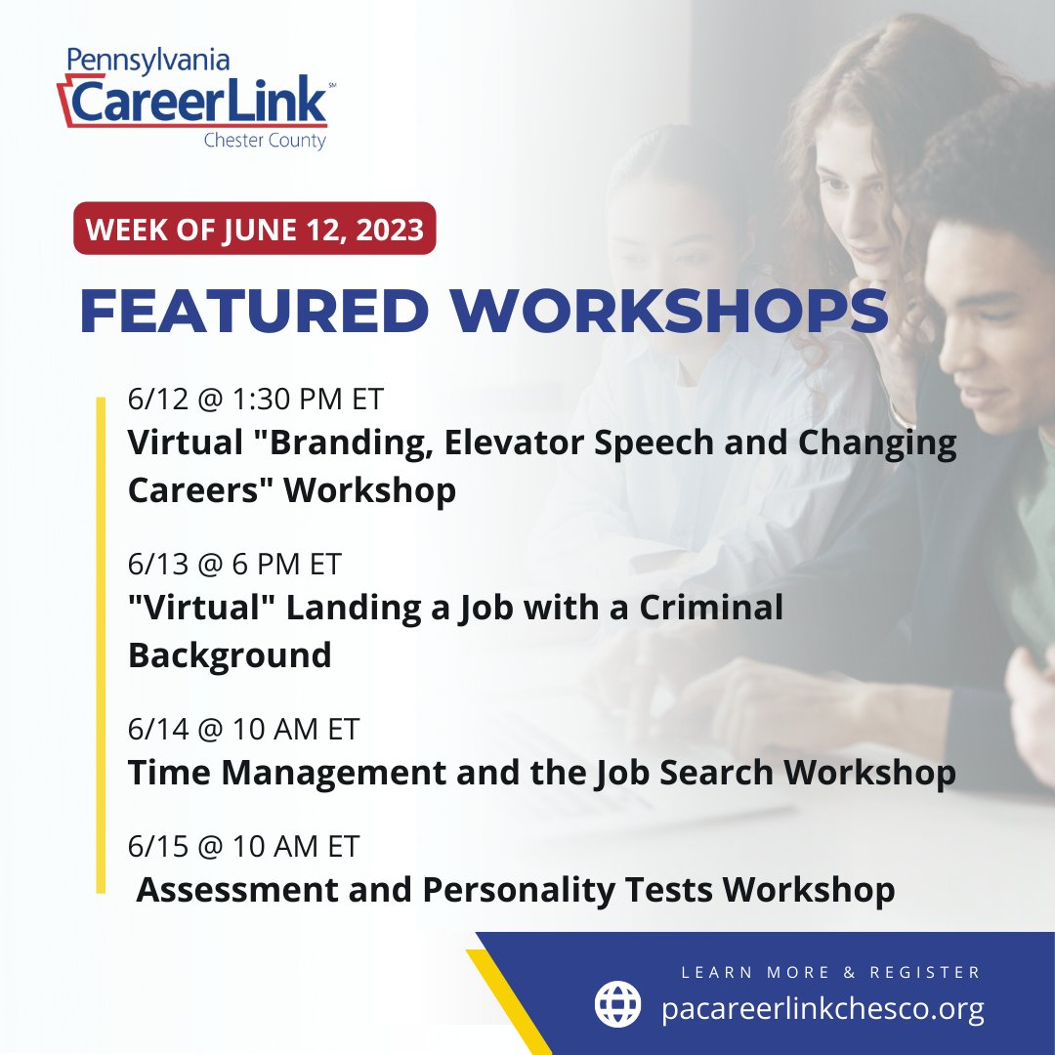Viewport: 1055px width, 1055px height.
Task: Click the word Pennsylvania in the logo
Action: pyautogui.click(x=148, y=61)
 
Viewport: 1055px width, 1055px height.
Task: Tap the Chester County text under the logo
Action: pyautogui.click(x=264, y=141)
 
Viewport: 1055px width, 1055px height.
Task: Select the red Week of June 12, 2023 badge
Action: pyautogui.click(x=255, y=230)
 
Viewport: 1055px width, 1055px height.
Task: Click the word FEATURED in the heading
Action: pyautogui.click(x=254, y=311)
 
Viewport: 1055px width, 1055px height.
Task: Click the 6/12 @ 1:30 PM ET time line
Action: pyautogui.click(x=256, y=400)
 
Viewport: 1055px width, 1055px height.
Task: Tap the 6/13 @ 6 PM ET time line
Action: pyautogui.click(x=234, y=565)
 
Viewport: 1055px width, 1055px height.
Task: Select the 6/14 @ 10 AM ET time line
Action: pyautogui.click(x=244, y=729)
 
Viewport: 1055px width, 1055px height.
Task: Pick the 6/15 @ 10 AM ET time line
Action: pyautogui.click(x=244, y=846)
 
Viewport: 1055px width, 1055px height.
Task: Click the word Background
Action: pyautogui.click(x=230, y=654)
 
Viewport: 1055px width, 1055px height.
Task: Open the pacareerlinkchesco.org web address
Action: pyautogui.click(x=823, y=1008)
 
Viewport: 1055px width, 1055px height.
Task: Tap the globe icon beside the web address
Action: pyautogui.click(x=618, y=1004)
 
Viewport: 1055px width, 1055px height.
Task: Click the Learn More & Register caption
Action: pyautogui.click(x=830, y=972)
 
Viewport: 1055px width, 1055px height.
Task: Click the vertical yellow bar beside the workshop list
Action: pyautogui.click(x=101, y=645)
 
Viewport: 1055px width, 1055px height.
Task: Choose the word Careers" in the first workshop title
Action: pyautogui.click(x=200, y=489)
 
